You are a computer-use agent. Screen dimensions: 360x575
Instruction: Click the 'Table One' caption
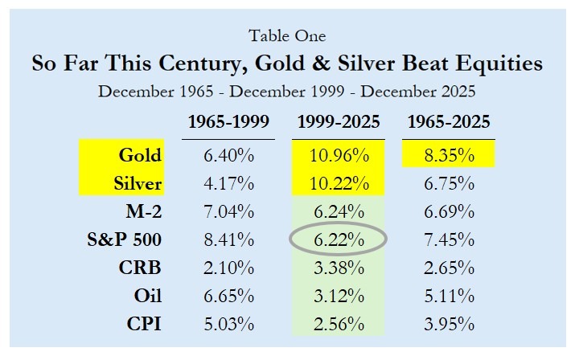[x=287, y=35]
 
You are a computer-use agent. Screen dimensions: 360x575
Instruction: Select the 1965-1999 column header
[x=228, y=123]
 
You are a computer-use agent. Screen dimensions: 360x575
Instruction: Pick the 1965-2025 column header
[x=448, y=123]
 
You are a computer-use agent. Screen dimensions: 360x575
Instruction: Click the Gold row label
[x=140, y=155]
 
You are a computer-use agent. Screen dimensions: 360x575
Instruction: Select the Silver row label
[x=136, y=184]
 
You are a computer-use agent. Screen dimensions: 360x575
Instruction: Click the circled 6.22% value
[x=339, y=239]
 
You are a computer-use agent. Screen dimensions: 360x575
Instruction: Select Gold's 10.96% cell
[x=339, y=155]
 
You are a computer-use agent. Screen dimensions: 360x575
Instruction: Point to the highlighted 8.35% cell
[x=448, y=155]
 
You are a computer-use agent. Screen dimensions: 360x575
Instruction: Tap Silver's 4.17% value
[x=228, y=184]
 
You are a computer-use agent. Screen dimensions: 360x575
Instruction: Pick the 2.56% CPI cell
[x=339, y=325]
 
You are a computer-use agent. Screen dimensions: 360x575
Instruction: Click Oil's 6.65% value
[x=228, y=297]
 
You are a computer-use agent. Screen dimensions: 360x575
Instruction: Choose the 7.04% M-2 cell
[x=228, y=212]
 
